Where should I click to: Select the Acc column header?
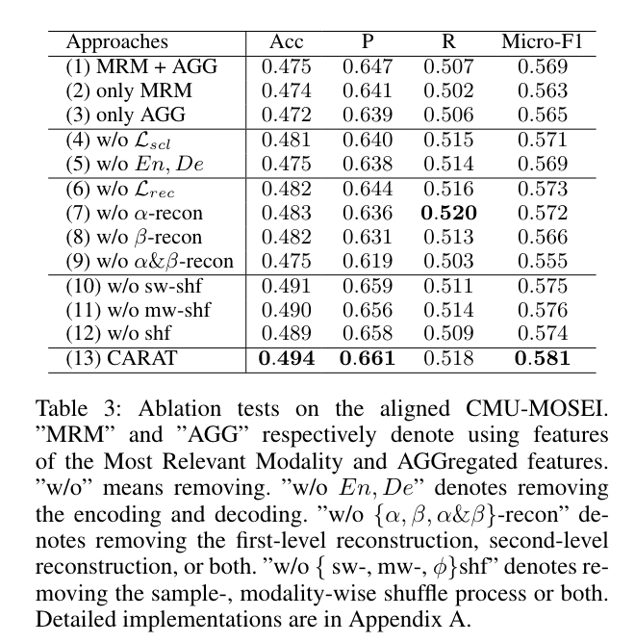(286, 42)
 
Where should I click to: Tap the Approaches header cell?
(116, 42)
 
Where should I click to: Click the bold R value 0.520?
(449, 213)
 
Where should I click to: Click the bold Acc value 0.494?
(286, 359)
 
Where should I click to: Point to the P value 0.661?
(368, 359)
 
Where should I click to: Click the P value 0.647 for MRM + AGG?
(368, 67)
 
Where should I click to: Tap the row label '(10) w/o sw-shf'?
(137, 286)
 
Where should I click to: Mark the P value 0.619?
(368, 262)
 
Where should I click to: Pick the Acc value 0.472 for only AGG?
(286, 116)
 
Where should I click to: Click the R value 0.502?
(449, 91)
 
